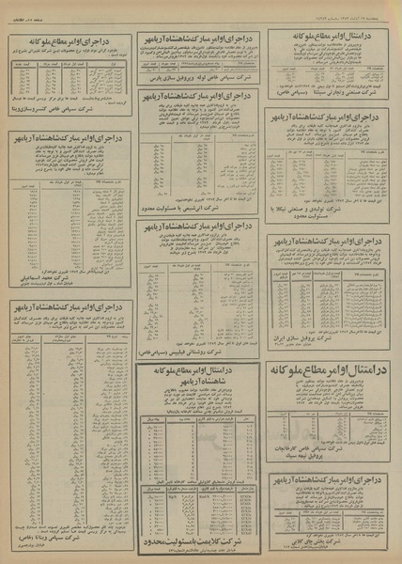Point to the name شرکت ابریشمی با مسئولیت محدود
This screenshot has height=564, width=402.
coord(199,206)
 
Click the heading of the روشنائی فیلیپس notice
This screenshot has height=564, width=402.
coord(199,227)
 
